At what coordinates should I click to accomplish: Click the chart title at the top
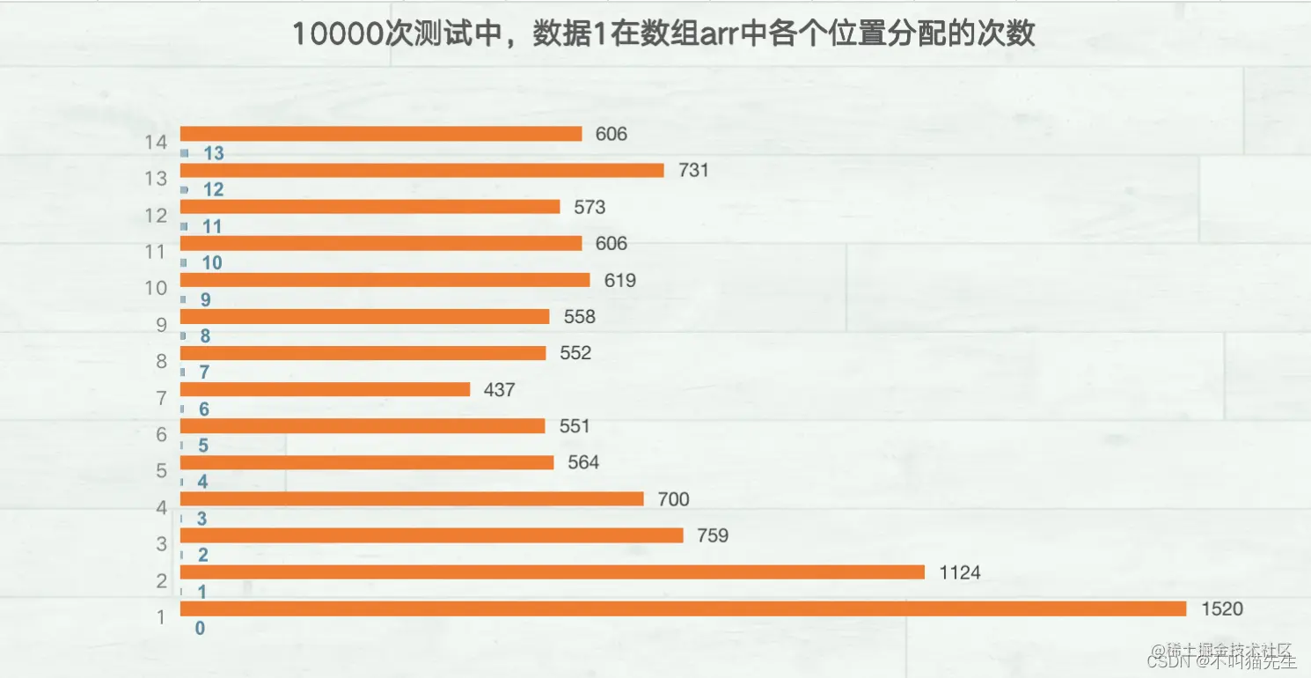(x=663, y=34)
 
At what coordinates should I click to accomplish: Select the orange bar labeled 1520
(x=683, y=608)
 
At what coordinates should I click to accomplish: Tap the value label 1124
(x=959, y=572)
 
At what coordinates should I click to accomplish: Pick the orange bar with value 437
(x=326, y=389)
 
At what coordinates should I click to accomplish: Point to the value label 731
(x=693, y=171)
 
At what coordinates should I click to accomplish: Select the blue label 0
(x=200, y=629)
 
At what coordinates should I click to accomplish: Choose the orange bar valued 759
(x=431, y=535)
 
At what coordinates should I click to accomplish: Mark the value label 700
(x=673, y=499)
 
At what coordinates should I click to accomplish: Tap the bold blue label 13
(x=213, y=154)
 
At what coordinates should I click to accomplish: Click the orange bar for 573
(x=370, y=207)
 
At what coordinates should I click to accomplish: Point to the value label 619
(x=620, y=280)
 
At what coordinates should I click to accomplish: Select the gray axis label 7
(x=161, y=398)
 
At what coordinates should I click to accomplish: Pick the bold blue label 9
(x=205, y=300)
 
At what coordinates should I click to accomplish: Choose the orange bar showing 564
(x=367, y=462)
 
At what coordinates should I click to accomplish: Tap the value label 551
(x=575, y=426)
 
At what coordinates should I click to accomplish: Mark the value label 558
(x=580, y=317)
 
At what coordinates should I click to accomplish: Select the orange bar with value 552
(x=363, y=353)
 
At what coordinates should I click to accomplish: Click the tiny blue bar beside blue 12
(x=184, y=190)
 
